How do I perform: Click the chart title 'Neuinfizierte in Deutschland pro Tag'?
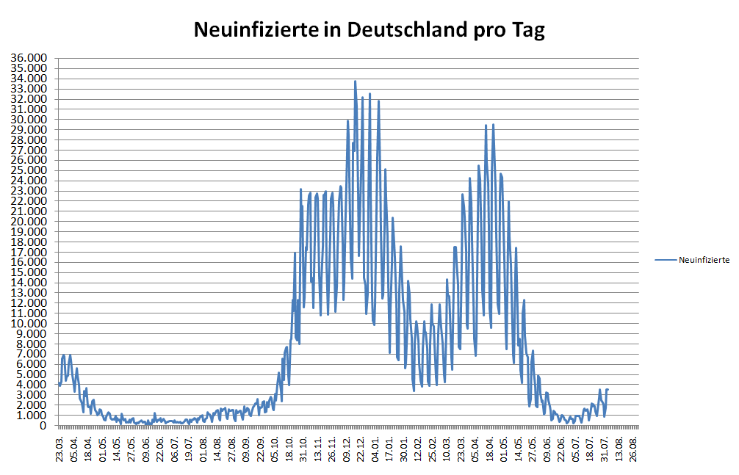click(x=369, y=30)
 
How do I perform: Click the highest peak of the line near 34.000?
click(x=355, y=81)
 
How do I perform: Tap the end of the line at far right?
click(x=608, y=389)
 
